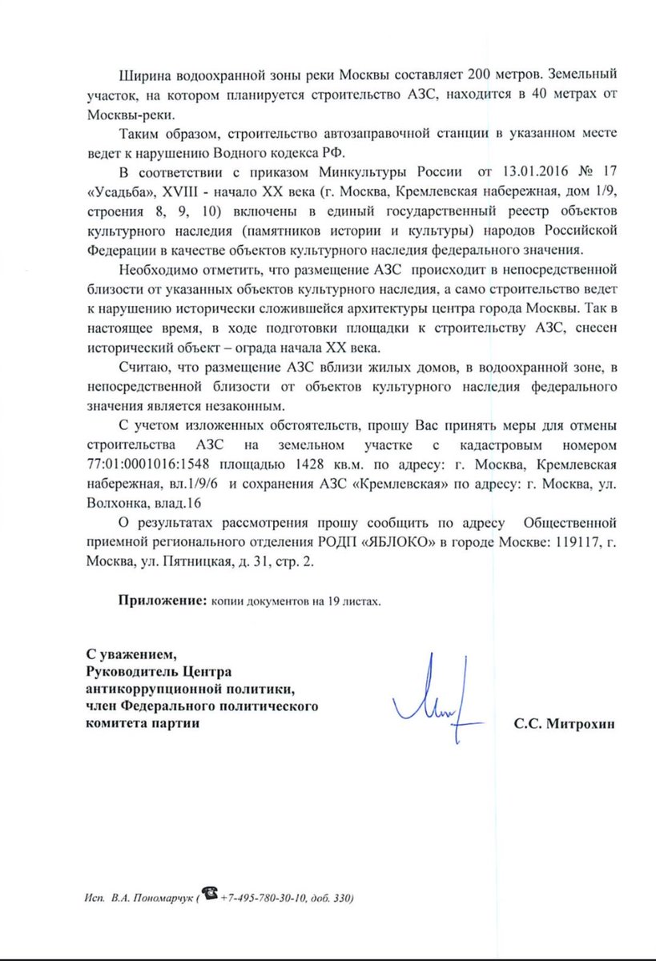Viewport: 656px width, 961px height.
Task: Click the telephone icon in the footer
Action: point(211,896)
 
